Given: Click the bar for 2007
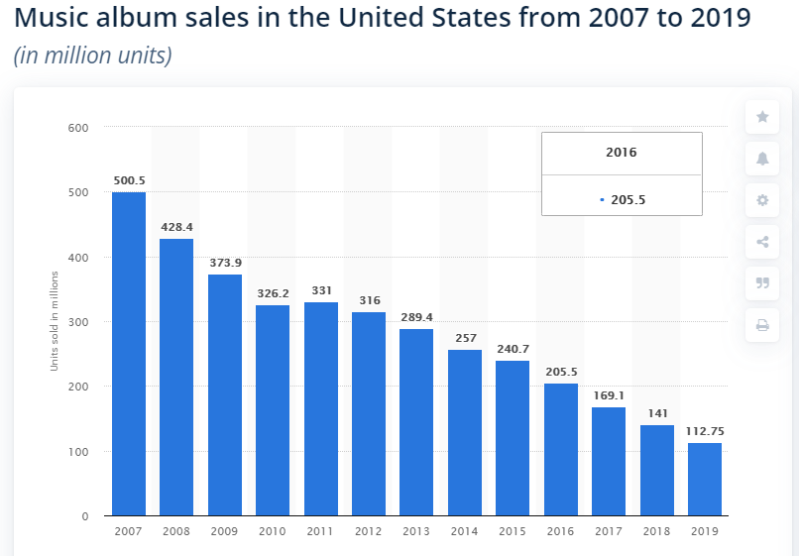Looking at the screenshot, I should tap(129, 354).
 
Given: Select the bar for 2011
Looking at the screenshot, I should tap(320, 408).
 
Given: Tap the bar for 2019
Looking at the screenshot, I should tap(705, 479).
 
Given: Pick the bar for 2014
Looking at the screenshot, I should tap(465, 432).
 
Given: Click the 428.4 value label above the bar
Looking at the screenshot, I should tap(176, 227).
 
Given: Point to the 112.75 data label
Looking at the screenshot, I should tap(705, 431).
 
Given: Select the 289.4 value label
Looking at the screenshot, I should tap(416, 317).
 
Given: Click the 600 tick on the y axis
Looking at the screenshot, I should tap(79, 128).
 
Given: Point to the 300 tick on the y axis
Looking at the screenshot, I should tap(79, 322).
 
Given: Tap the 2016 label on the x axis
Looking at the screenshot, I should tap(560, 532).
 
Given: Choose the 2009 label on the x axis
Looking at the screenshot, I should tap(224, 532).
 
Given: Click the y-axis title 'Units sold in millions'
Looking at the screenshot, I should tap(56, 322).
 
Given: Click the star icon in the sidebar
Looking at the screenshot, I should tap(762, 117).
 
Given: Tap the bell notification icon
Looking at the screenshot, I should tap(762, 159).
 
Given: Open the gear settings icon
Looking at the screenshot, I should tap(762, 200).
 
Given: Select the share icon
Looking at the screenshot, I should tap(762, 242).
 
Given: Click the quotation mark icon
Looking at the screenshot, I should tap(762, 282).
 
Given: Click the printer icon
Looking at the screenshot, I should tap(762, 325).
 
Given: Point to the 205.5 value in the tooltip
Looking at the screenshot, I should tap(628, 199).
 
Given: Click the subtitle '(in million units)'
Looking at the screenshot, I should tap(93, 56).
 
